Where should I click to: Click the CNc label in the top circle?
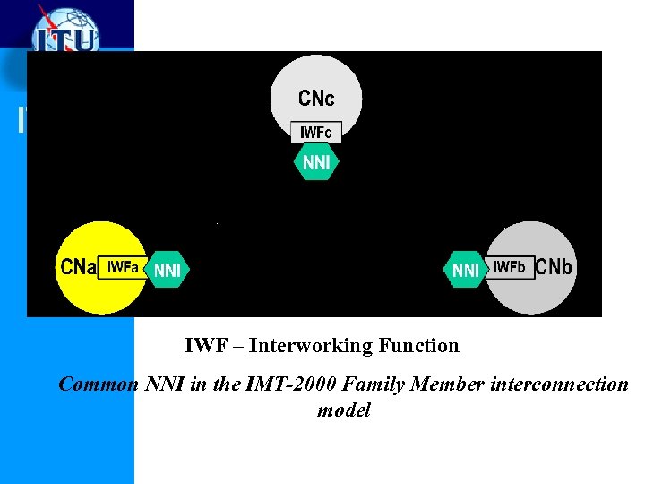click(316, 97)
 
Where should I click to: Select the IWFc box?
click(316, 133)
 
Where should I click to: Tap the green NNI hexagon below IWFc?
click(316, 162)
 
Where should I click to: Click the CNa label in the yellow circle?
click(79, 267)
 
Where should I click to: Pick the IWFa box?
click(123, 267)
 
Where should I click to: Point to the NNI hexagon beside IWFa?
click(168, 269)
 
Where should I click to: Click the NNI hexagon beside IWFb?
click(466, 269)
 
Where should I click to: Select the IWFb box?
click(510, 267)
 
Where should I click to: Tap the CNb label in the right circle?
click(555, 267)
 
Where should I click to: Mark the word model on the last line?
click(343, 411)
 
